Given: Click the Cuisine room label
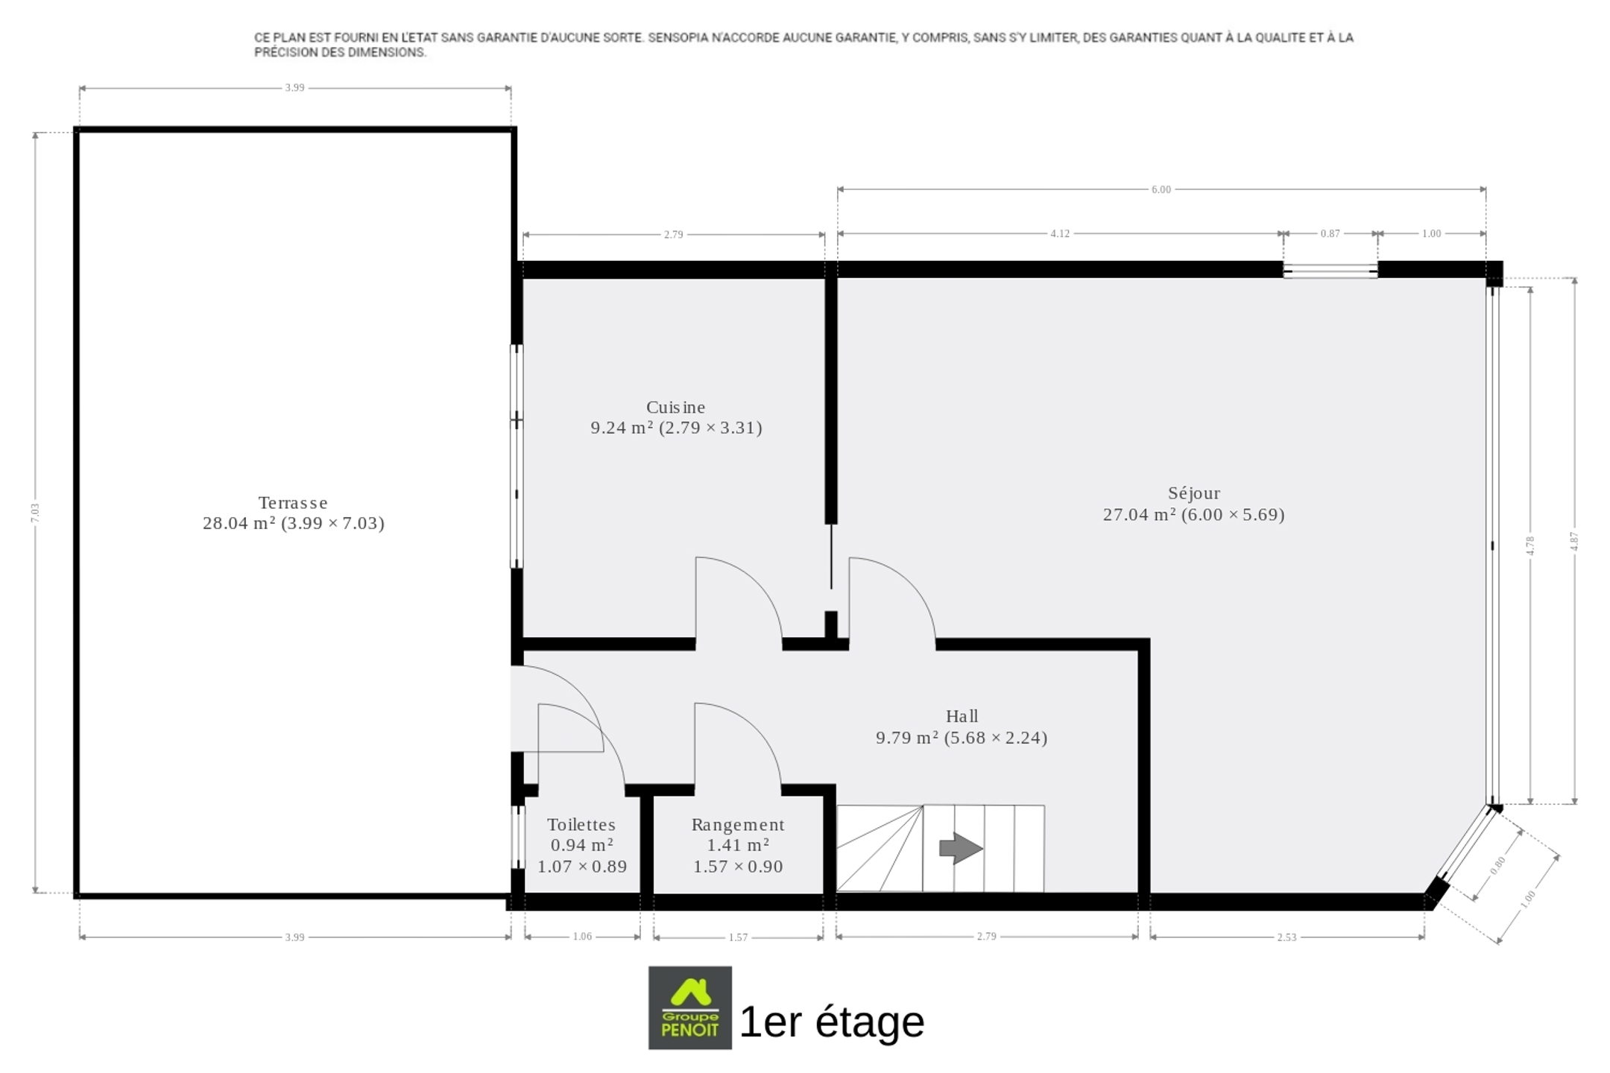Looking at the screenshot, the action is pyautogui.click(x=675, y=408).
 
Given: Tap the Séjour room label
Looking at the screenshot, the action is pyautogui.click(x=1194, y=493).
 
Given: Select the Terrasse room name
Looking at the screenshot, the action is pyautogui.click(x=293, y=503).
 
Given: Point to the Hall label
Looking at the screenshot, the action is pyautogui.click(x=962, y=716).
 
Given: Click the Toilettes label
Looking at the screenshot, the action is pyautogui.click(x=581, y=825).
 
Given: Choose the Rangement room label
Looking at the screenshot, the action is pyautogui.click(x=738, y=825).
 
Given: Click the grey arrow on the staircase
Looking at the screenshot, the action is pyautogui.click(x=961, y=848).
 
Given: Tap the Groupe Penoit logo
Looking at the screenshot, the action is pyautogui.click(x=690, y=1008).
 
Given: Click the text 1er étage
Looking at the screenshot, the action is pyautogui.click(x=832, y=1022).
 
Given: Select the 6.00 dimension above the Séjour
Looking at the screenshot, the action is pyautogui.click(x=1161, y=189).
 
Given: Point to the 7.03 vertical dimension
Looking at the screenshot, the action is pyautogui.click(x=35, y=513).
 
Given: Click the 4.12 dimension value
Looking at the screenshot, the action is pyautogui.click(x=1060, y=233).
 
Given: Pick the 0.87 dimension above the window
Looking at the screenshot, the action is pyautogui.click(x=1330, y=233).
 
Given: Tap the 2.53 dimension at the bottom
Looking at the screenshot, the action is pyautogui.click(x=1287, y=937).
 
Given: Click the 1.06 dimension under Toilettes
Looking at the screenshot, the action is pyautogui.click(x=582, y=937).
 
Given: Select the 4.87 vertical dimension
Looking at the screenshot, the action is pyautogui.click(x=1574, y=542).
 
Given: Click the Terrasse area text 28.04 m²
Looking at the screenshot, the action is pyautogui.click(x=239, y=523).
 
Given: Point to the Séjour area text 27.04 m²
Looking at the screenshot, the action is pyautogui.click(x=1140, y=515).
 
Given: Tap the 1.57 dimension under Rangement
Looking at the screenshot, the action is pyautogui.click(x=738, y=937).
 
